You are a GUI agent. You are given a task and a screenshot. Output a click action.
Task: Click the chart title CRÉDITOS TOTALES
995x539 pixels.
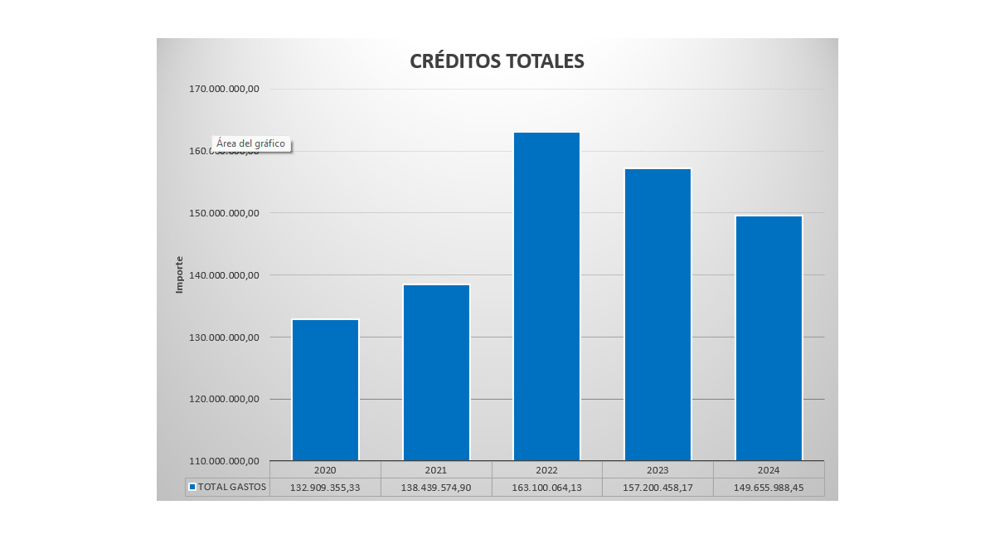click(x=497, y=61)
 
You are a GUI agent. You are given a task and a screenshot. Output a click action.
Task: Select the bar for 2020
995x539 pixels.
click(x=325, y=390)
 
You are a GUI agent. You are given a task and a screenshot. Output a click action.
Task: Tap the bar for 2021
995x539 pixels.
click(x=436, y=372)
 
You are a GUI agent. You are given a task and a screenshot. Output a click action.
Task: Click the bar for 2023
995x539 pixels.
click(x=658, y=314)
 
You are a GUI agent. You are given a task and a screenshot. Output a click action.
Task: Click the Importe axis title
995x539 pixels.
click(x=179, y=274)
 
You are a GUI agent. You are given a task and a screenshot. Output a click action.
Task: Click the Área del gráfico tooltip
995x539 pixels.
click(x=250, y=143)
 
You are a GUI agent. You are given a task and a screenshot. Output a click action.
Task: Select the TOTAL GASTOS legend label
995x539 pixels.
click(x=231, y=487)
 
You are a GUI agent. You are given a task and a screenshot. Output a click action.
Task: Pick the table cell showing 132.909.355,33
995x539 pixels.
click(x=325, y=487)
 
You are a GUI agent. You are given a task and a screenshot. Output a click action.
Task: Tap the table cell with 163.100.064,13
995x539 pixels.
click(x=546, y=487)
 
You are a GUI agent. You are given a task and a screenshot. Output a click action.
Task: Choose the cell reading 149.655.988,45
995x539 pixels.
click(x=769, y=487)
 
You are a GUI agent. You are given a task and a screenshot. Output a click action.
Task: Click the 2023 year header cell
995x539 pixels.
click(x=658, y=469)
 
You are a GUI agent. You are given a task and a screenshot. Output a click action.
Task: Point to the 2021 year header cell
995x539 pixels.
click(x=436, y=469)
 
